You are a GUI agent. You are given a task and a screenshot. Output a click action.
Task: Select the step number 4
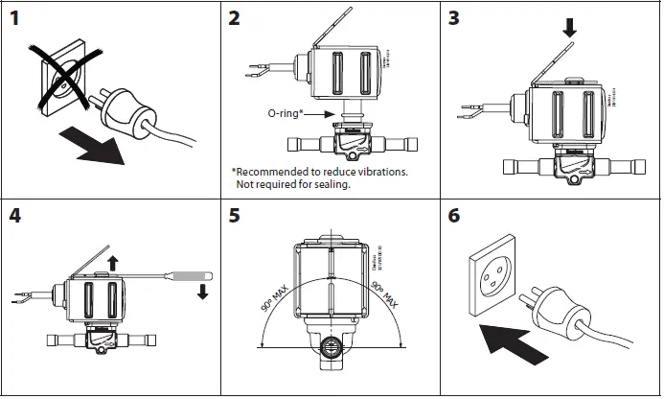tap(15, 215)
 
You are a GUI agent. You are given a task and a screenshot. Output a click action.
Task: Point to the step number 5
tap(236, 215)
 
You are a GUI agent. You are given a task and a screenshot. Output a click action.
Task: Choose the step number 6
tap(456, 215)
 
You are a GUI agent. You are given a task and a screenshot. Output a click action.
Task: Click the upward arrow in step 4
tap(112, 262)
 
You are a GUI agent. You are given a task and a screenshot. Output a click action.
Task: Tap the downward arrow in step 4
tap(202, 291)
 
